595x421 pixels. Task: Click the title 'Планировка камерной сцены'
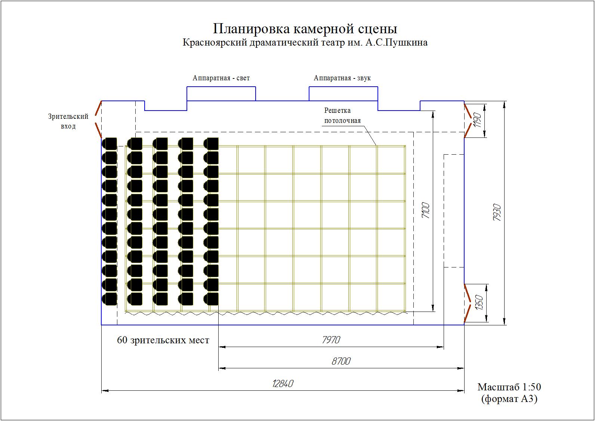tap(305, 29)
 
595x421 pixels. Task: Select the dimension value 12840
tap(283, 384)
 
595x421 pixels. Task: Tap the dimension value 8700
tap(341, 361)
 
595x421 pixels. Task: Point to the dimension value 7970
tap(331, 340)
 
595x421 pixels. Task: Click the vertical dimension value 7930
tap(497, 212)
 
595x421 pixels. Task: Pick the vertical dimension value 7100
tap(426, 211)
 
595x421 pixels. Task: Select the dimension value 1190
tap(477, 120)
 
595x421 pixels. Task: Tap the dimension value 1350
tap(479, 302)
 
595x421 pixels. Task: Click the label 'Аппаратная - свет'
tap(221, 78)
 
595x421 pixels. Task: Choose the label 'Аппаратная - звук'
tap(342, 78)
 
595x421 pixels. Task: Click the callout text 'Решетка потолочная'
tap(342, 115)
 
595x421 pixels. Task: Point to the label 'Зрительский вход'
tap(68, 121)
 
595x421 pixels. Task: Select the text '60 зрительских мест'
tap(163, 340)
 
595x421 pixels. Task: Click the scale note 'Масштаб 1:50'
tap(509, 387)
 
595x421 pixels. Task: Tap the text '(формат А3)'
tap(509, 399)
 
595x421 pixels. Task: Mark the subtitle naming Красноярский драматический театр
tap(305, 43)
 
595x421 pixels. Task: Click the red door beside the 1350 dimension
tap(468, 303)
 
